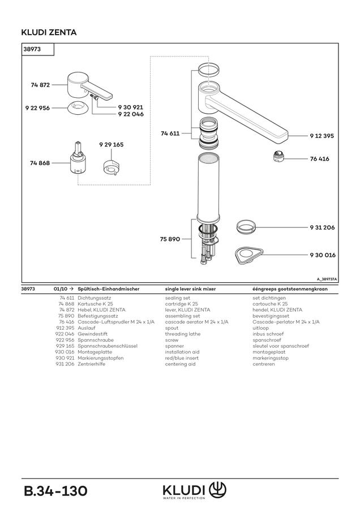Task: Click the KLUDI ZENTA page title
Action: click(x=49, y=32)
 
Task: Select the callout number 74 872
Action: click(x=40, y=85)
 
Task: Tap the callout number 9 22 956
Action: click(x=38, y=108)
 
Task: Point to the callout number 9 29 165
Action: click(x=112, y=144)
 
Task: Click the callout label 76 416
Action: click(x=320, y=159)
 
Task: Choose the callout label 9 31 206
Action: click(x=322, y=227)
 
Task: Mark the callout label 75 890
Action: click(x=170, y=239)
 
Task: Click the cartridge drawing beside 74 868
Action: click(x=78, y=159)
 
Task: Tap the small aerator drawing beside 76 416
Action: click(x=278, y=157)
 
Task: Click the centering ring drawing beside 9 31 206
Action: click(x=246, y=227)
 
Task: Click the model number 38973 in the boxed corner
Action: click(x=32, y=49)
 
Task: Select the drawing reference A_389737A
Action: click(x=327, y=279)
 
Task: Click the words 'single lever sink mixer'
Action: click(x=190, y=288)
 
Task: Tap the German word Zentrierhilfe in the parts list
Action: click(x=91, y=364)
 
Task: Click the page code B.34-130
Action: click(x=55, y=491)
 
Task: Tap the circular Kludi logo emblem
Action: click(x=217, y=490)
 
